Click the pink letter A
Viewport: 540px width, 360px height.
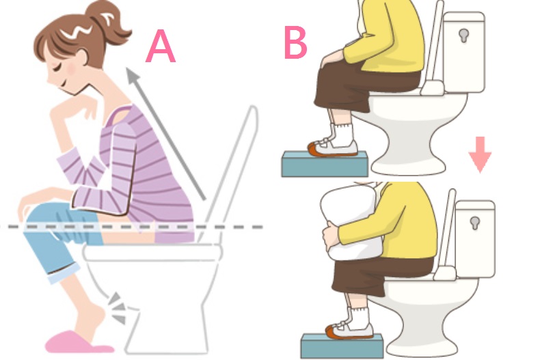[161, 46]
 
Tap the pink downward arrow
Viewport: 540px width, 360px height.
[480, 154]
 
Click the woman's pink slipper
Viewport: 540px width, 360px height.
[79, 342]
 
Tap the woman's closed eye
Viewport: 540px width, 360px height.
[57, 68]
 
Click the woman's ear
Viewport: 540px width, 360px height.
[83, 59]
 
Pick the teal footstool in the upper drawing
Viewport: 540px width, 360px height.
[325, 164]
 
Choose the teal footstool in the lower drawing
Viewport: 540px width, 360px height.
[342, 346]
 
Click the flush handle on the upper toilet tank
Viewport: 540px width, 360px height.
[464, 35]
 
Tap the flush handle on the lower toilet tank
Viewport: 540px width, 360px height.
[475, 223]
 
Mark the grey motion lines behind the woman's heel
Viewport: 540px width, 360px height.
[116, 307]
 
